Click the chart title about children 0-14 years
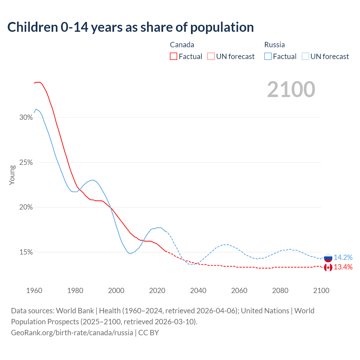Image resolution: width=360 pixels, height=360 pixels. tap(130, 27)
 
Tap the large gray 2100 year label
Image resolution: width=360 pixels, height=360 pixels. tap(291, 89)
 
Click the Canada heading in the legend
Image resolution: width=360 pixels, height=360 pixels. tap(182, 45)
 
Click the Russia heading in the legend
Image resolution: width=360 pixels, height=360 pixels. tap(274, 45)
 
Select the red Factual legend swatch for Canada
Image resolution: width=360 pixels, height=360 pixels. tap(174, 56)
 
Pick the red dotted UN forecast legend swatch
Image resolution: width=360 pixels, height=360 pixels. tap(211, 56)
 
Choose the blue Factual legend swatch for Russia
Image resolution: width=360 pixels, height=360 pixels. tap(268, 56)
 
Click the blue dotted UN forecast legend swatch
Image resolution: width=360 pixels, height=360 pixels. tap(305, 56)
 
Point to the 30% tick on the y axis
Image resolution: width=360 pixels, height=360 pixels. tap(26, 117)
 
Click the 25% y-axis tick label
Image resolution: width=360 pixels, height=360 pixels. tap(26, 162)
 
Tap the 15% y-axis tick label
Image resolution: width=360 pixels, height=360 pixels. tap(26, 252)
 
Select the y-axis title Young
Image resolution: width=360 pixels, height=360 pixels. tap(12, 175)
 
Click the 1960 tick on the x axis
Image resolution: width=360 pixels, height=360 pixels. tap(34, 291)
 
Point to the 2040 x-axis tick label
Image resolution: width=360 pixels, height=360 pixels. tap(198, 291)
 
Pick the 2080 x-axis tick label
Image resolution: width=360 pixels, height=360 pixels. tap(280, 291)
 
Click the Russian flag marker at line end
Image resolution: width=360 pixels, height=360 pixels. tap(328, 258)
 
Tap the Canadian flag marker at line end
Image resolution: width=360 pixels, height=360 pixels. tap(328, 267)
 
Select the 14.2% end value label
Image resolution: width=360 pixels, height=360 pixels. tap(343, 257)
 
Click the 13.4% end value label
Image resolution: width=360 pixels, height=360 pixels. tap(343, 267)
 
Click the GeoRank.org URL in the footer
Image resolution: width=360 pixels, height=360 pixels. tap(72, 333)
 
